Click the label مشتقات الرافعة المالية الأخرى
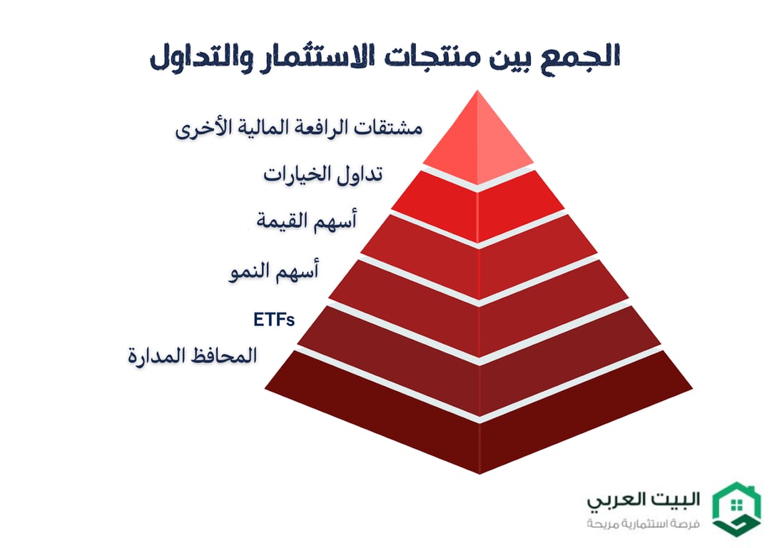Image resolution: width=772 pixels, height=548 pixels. [x=299, y=129]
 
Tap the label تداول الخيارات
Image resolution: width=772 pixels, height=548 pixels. [x=323, y=173]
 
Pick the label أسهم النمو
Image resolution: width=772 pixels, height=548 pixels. [x=274, y=272]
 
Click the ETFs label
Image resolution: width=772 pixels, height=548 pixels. [x=274, y=319]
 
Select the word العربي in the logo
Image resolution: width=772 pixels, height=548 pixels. [x=615, y=499]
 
